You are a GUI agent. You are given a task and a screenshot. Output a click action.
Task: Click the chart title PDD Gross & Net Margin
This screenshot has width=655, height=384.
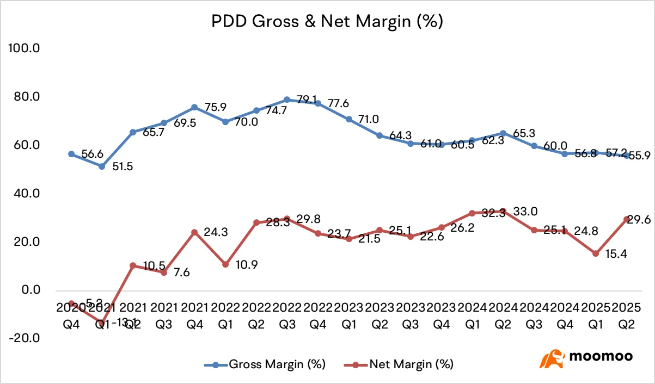click(x=327, y=22)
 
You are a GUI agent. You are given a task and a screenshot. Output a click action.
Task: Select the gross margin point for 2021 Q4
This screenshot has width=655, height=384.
click(x=194, y=107)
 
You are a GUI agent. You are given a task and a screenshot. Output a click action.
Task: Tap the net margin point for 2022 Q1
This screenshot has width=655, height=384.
click(x=225, y=264)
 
